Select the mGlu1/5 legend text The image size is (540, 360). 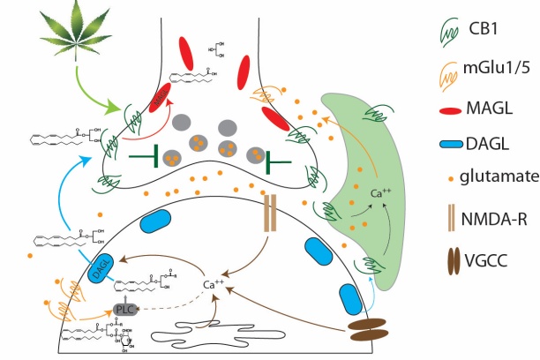499,68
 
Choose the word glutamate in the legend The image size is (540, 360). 503,176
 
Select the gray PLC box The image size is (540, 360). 125,309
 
